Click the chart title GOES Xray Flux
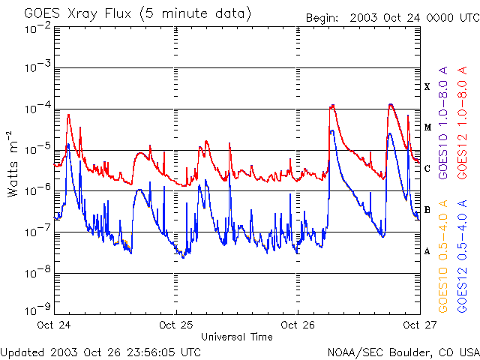138,14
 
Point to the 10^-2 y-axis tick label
37,29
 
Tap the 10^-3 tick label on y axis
37,67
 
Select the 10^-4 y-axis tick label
37,108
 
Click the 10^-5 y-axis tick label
37,149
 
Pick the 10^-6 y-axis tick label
37,190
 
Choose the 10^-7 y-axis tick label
37,232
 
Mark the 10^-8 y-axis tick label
37,273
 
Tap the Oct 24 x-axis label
54,325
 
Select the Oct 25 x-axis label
176,325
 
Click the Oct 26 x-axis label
298,325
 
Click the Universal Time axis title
237,337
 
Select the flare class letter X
427,87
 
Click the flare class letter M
427,127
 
